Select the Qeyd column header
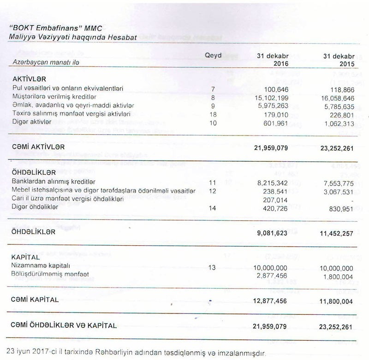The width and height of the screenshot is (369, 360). pos(213,55)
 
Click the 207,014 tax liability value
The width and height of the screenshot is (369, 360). pos(274,200)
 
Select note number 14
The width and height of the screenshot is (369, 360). pos(213,208)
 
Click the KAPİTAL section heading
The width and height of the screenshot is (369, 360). pos(26,257)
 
